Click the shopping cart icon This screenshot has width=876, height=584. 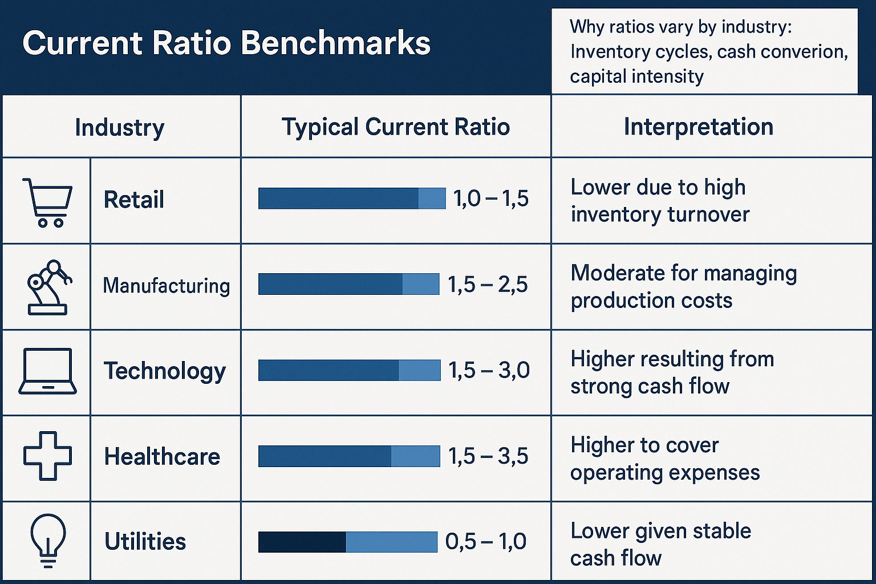tap(47, 202)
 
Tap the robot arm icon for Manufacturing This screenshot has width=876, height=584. tap(48, 287)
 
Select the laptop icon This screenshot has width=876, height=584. tap(47, 371)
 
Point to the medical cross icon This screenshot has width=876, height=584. tap(47, 456)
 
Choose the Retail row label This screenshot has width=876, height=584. tap(134, 200)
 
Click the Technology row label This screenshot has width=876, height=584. tap(165, 371)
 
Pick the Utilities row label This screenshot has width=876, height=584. tap(145, 541)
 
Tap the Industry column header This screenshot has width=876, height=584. tap(120, 127)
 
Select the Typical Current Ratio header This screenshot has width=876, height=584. tap(396, 127)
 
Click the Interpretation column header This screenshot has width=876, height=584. tap(699, 127)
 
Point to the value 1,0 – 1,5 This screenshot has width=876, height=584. tap(491, 199)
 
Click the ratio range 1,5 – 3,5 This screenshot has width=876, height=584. tap(488, 456)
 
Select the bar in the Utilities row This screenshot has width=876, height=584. tap(348, 542)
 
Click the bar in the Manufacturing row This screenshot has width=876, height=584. tap(348, 284)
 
